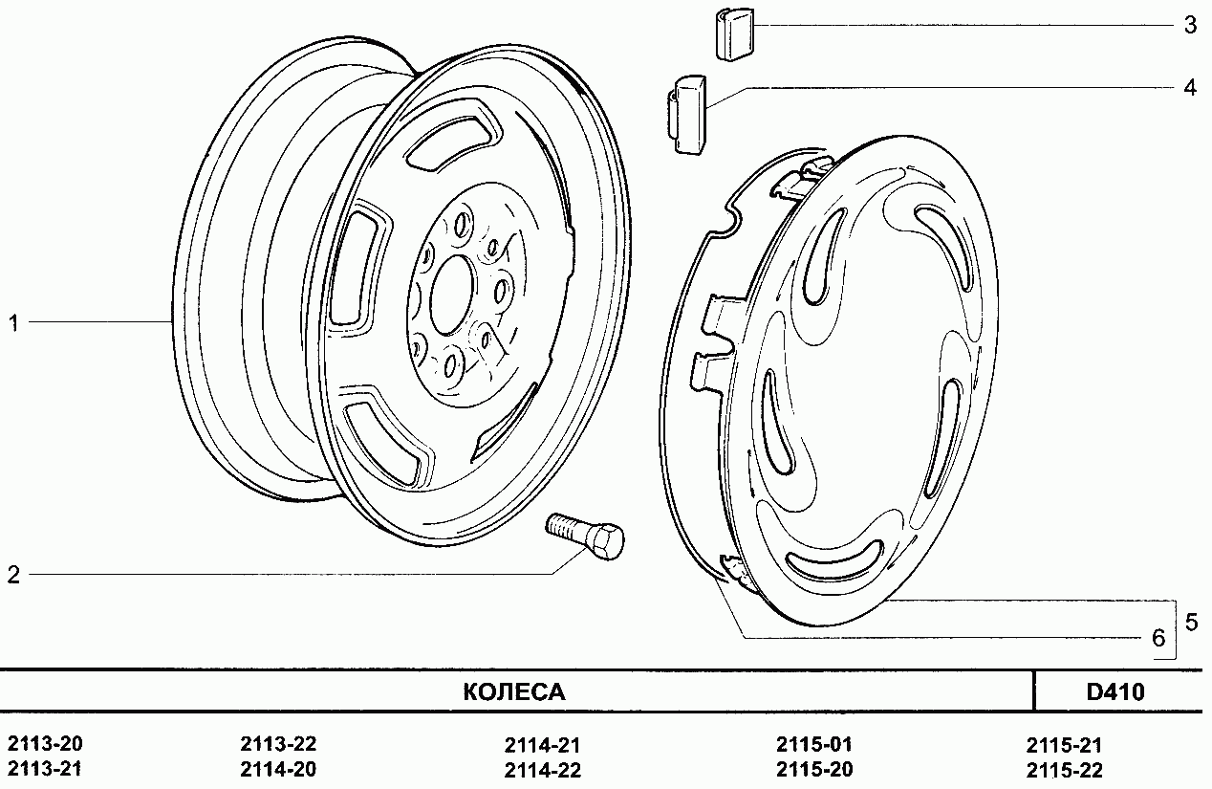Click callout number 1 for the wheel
14,323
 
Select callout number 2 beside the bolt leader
13,575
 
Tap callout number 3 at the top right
1190,25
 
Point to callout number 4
1190,87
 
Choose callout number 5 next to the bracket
1191,623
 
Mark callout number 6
1158,638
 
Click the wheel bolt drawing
585,535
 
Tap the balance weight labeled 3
734,33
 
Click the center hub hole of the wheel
452,296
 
